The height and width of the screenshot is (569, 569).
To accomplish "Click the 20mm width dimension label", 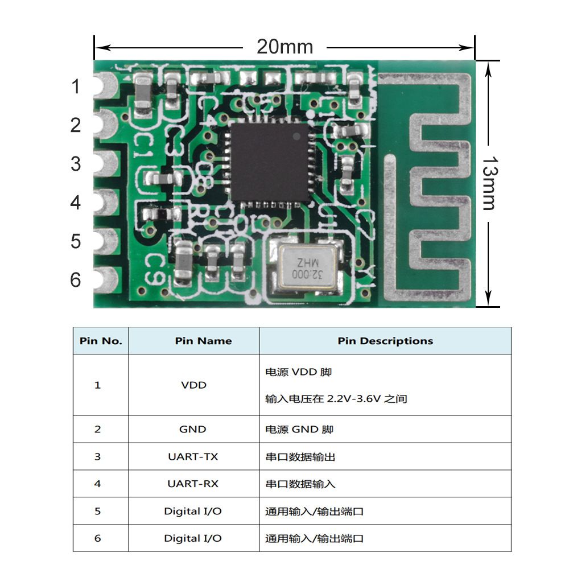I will [x=284, y=46].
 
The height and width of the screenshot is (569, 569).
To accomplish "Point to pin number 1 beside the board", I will [x=76, y=87].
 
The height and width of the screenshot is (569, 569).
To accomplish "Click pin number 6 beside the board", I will [x=76, y=280].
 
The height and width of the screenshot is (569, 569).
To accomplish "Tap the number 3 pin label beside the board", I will [x=76, y=164].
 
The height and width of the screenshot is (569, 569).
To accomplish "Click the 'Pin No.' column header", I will [x=101, y=341].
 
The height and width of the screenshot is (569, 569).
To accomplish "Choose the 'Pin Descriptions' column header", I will [x=385, y=341].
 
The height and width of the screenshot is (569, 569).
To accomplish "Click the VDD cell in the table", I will [x=193, y=385].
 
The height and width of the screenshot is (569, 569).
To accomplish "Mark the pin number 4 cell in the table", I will [x=97, y=484].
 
